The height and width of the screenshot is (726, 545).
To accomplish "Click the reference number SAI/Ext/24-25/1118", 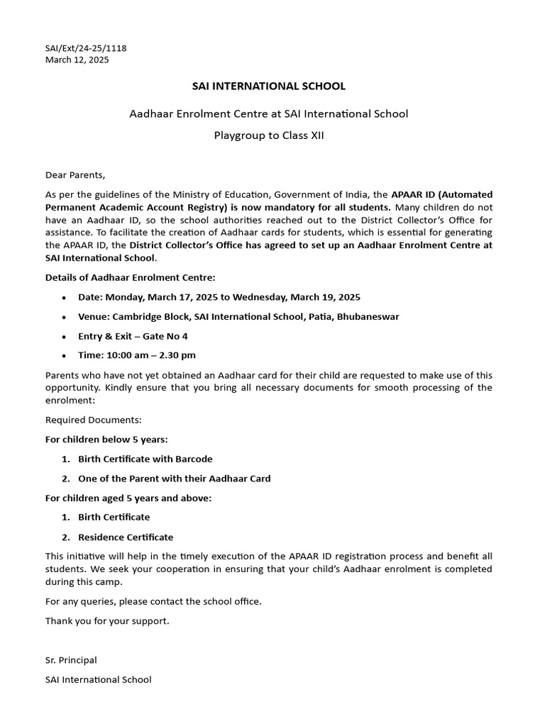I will point(86,48).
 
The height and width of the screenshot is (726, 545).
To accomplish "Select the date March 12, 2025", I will point(77,60).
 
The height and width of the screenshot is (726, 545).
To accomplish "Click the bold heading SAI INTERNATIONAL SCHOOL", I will point(269,86).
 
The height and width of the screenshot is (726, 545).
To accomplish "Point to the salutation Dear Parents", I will point(75,174).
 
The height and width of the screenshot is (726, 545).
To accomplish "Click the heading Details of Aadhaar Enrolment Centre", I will point(131,277).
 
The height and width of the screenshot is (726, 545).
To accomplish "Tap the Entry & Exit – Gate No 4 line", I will point(133,336).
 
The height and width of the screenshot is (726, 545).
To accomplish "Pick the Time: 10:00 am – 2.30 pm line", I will point(137,355).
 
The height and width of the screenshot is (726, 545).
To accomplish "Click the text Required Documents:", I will point(94,420).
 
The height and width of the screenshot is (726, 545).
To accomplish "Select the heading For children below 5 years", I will point(106,440).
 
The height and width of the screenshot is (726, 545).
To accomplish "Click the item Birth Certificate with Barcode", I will point(145,459).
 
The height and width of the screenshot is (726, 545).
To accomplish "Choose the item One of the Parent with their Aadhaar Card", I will point(174,479).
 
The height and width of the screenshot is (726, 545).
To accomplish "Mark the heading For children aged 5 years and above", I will point(128,498).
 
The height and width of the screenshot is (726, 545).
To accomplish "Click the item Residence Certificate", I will point(126,537).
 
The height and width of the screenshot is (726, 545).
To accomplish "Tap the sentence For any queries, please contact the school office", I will point(153,601).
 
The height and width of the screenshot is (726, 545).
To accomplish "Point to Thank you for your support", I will point(108,620).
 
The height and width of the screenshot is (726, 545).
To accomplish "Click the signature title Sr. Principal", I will point(71,660).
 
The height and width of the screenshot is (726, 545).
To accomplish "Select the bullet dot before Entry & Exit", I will point(65,337).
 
